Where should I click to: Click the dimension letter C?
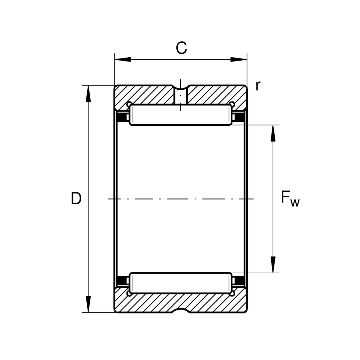[x=181, y=48]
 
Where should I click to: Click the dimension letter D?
[x=76, y=198]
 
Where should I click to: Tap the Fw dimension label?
[x=290, y=199]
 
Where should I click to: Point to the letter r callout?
[x=258, y=86]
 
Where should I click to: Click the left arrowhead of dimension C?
[x=123, y=59]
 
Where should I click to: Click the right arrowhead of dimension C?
[x=239, y=59]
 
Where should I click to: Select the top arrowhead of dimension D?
[x=88, y=94]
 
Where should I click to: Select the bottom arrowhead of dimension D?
[x=88, y=304]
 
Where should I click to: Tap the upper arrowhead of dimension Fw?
[x=273, y=133]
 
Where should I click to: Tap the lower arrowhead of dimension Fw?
[x=273, y=265]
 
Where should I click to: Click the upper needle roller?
[x=181, y=115]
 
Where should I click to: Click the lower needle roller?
[x=181, y=283]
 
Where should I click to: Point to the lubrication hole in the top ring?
[x=181, y=96]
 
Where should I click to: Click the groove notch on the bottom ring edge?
[x=181, y=311]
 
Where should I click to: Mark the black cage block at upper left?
[x=121, y=117]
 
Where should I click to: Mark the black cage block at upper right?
[x=239, y=117]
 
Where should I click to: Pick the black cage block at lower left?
[x=121, y=281]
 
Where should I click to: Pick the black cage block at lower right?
[x=239, y=281]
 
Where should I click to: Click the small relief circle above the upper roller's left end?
[x=129, y=104]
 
